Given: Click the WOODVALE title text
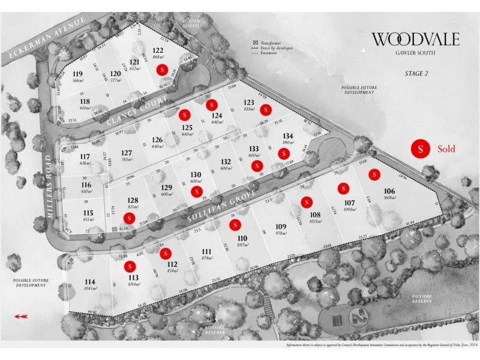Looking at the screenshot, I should pos(416,40).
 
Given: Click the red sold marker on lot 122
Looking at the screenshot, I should pos(161,70).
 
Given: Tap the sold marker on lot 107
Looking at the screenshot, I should pos(344,187).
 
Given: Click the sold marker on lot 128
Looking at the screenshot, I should pos(128,218).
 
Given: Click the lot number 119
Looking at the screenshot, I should pos(77,74).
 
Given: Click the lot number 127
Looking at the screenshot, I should pos(126,152).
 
